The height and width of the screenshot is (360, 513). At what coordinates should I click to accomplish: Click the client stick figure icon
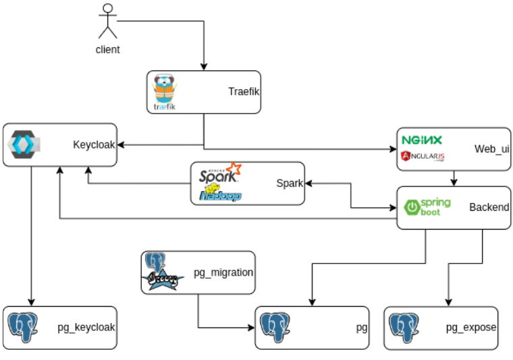click(107, 22)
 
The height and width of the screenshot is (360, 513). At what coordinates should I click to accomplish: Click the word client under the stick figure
click(107, 49)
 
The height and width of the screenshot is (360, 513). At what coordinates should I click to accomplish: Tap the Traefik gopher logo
click(164, 93)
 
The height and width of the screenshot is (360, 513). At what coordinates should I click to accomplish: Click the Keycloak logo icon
click(25, 144)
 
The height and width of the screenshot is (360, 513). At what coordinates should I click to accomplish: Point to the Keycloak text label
click(94, 145)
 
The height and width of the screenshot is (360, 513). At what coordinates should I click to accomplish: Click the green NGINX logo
click(422, 140)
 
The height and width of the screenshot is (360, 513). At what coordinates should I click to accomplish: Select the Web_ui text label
click(491, 149)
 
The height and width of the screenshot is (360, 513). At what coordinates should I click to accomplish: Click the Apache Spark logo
click(220, 175)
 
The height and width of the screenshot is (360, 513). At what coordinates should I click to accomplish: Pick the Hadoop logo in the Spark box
click(220, 194)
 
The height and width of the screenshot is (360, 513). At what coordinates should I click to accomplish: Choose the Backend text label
click(489, 207)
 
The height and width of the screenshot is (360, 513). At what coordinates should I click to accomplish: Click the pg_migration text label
click(223, 273)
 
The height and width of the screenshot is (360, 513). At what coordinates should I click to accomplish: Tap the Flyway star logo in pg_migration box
click(163, 278)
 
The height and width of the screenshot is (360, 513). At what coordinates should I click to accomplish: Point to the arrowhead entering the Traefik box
click(204, 67)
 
